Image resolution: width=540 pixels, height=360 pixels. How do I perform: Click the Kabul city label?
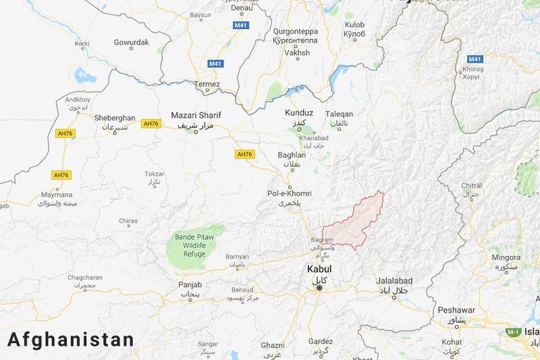tap(319, 269)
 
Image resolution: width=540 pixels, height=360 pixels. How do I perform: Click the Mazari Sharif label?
tap(196, 115)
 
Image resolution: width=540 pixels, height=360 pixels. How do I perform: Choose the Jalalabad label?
tap(395, 280)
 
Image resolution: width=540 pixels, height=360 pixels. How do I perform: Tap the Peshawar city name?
tap(456, 310)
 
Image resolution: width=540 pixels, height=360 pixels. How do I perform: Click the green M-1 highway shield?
tap(514, 332)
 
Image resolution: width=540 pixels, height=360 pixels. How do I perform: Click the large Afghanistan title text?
tap(71, 340)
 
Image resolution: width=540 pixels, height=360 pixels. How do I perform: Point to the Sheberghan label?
tap(115, 116)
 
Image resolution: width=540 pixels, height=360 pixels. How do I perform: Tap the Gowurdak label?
tap(131, 42)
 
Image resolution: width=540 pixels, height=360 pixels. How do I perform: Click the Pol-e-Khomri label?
tap(290, 193)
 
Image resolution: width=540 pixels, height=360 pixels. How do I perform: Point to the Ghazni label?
tap(273, 345)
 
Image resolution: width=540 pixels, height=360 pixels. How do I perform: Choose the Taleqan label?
tap(339, 114)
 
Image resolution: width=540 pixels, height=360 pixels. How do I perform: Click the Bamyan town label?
tap(237, 257)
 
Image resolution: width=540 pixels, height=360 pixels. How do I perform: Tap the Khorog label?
tap(473, 69)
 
